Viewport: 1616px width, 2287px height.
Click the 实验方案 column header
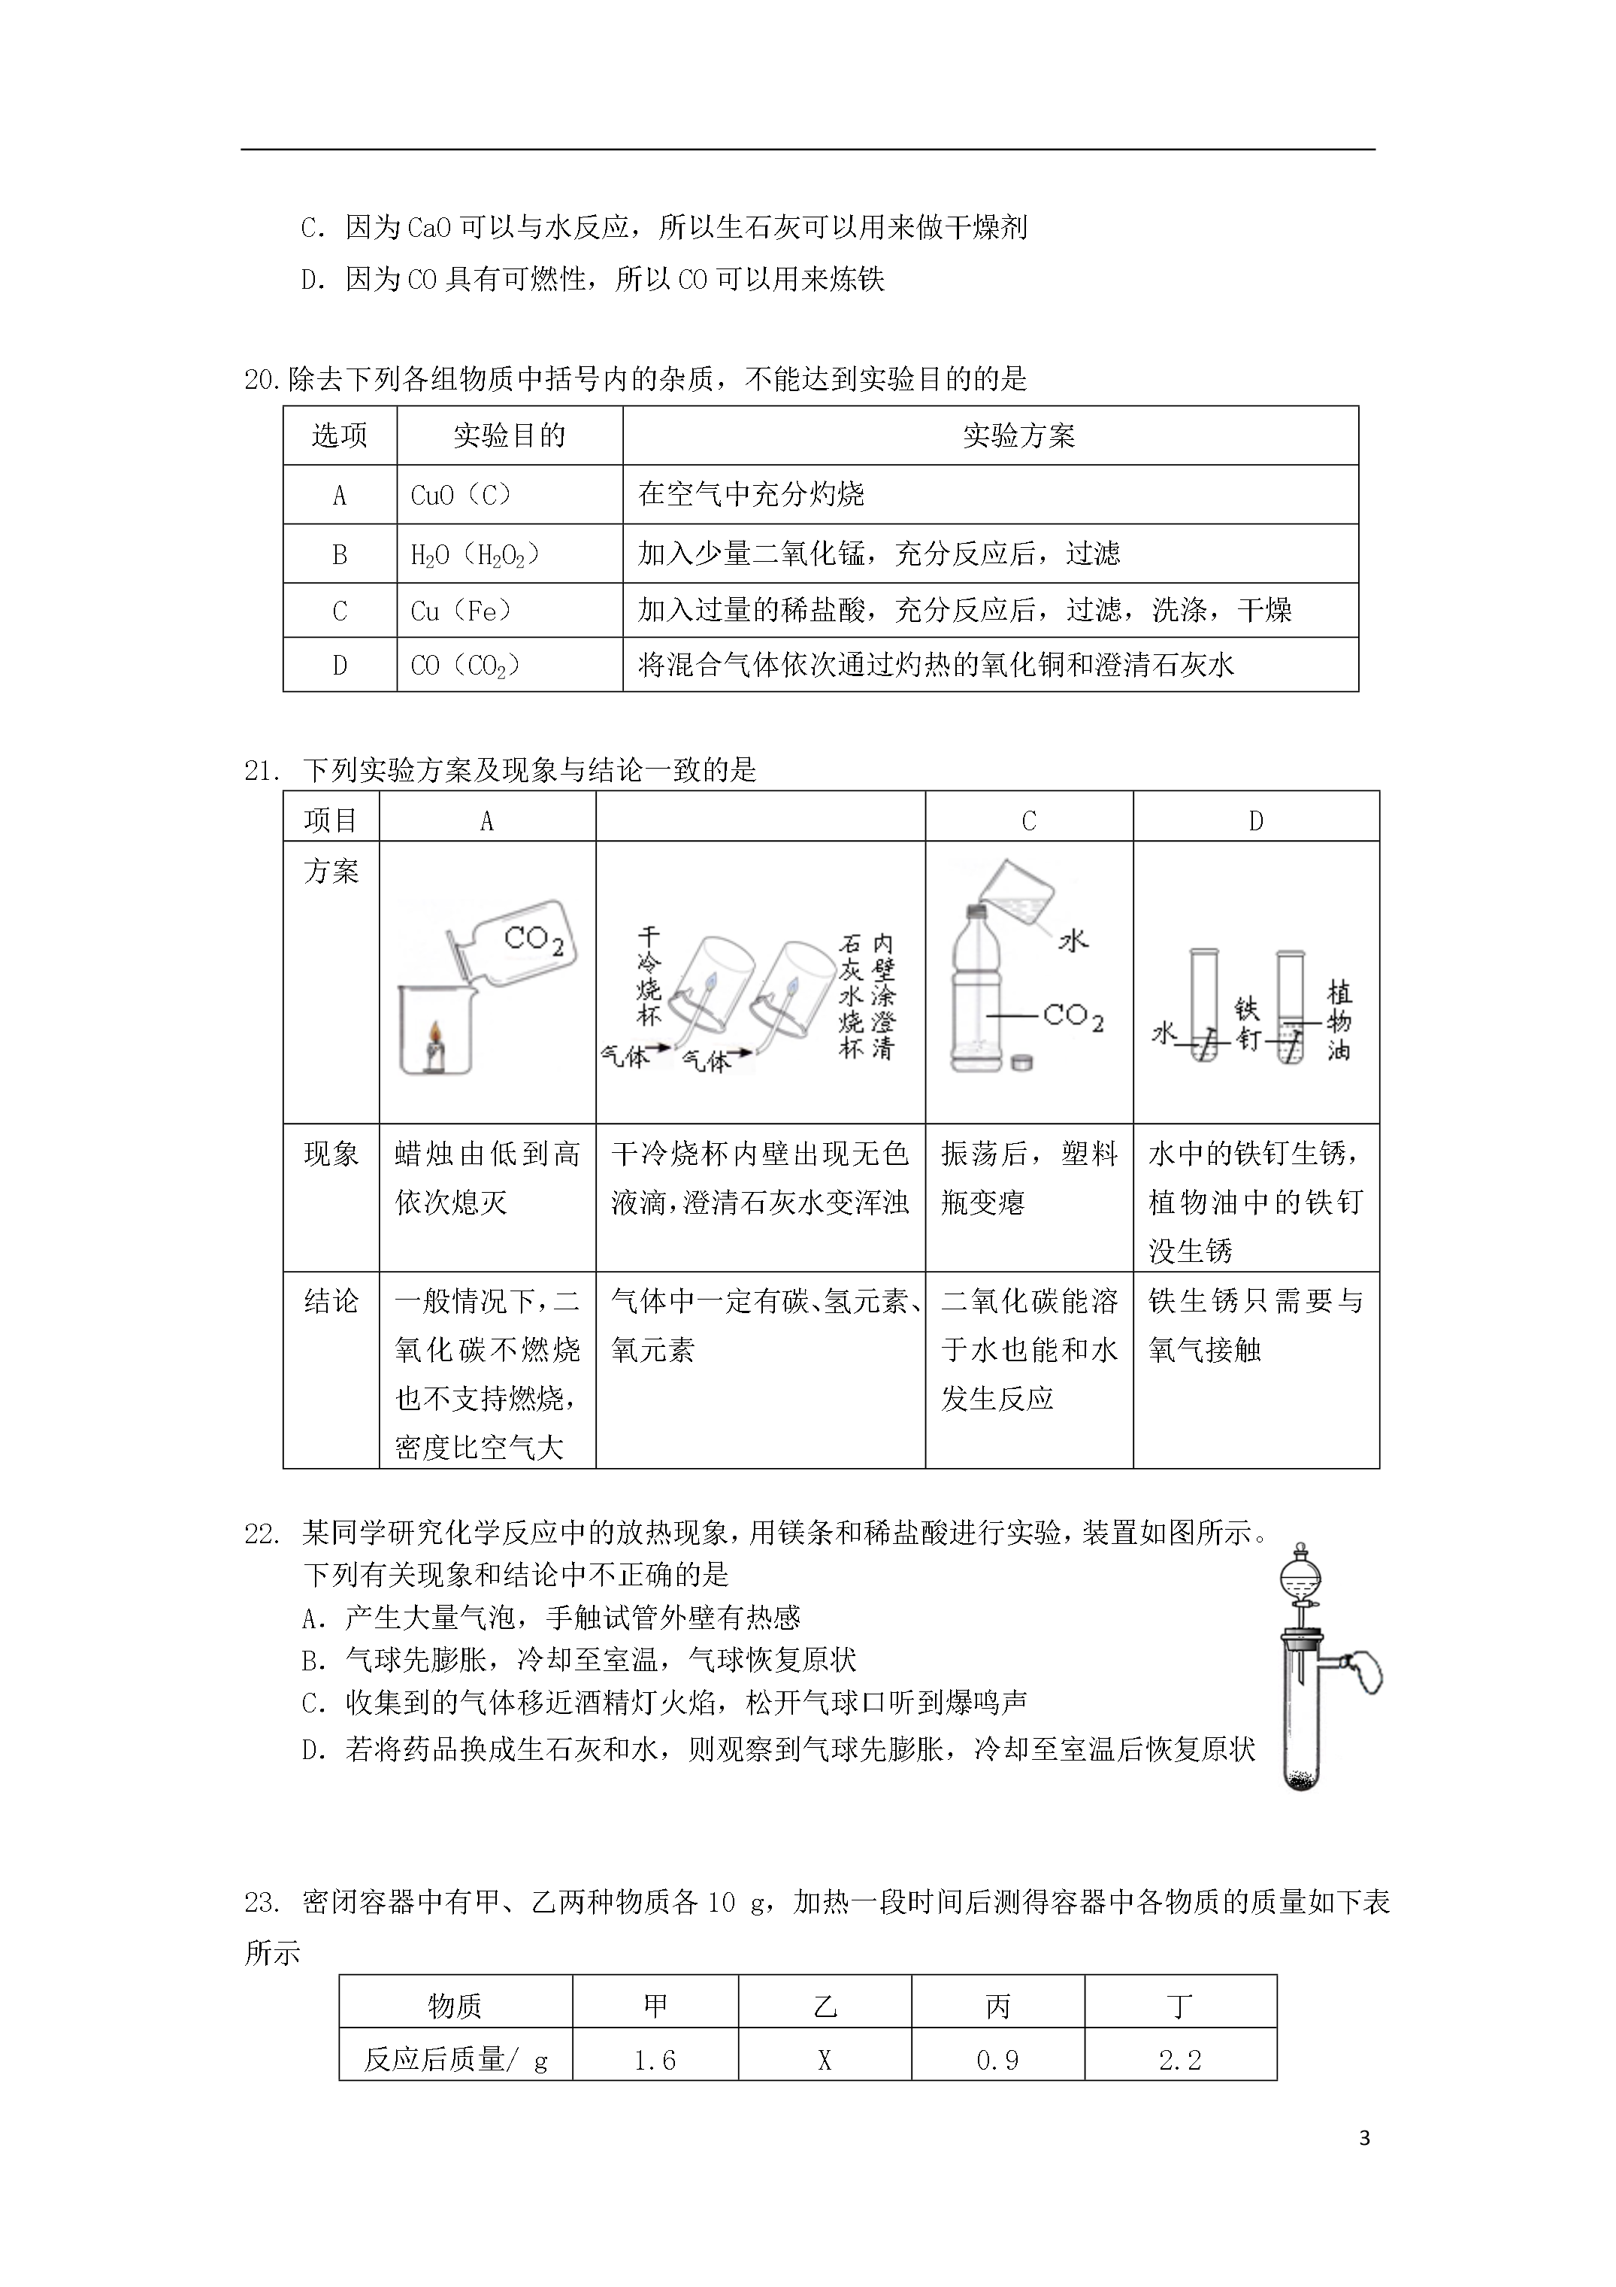[1018, 435]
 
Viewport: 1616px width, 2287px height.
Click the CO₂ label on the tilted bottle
[534, 939]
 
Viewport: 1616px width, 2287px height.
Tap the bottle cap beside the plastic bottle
[1021, 1063]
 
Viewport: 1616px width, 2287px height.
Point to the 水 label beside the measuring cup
[1073, 939]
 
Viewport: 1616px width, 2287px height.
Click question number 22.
[261, 1534]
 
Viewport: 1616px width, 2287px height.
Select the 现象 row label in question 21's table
[331, 1154]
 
